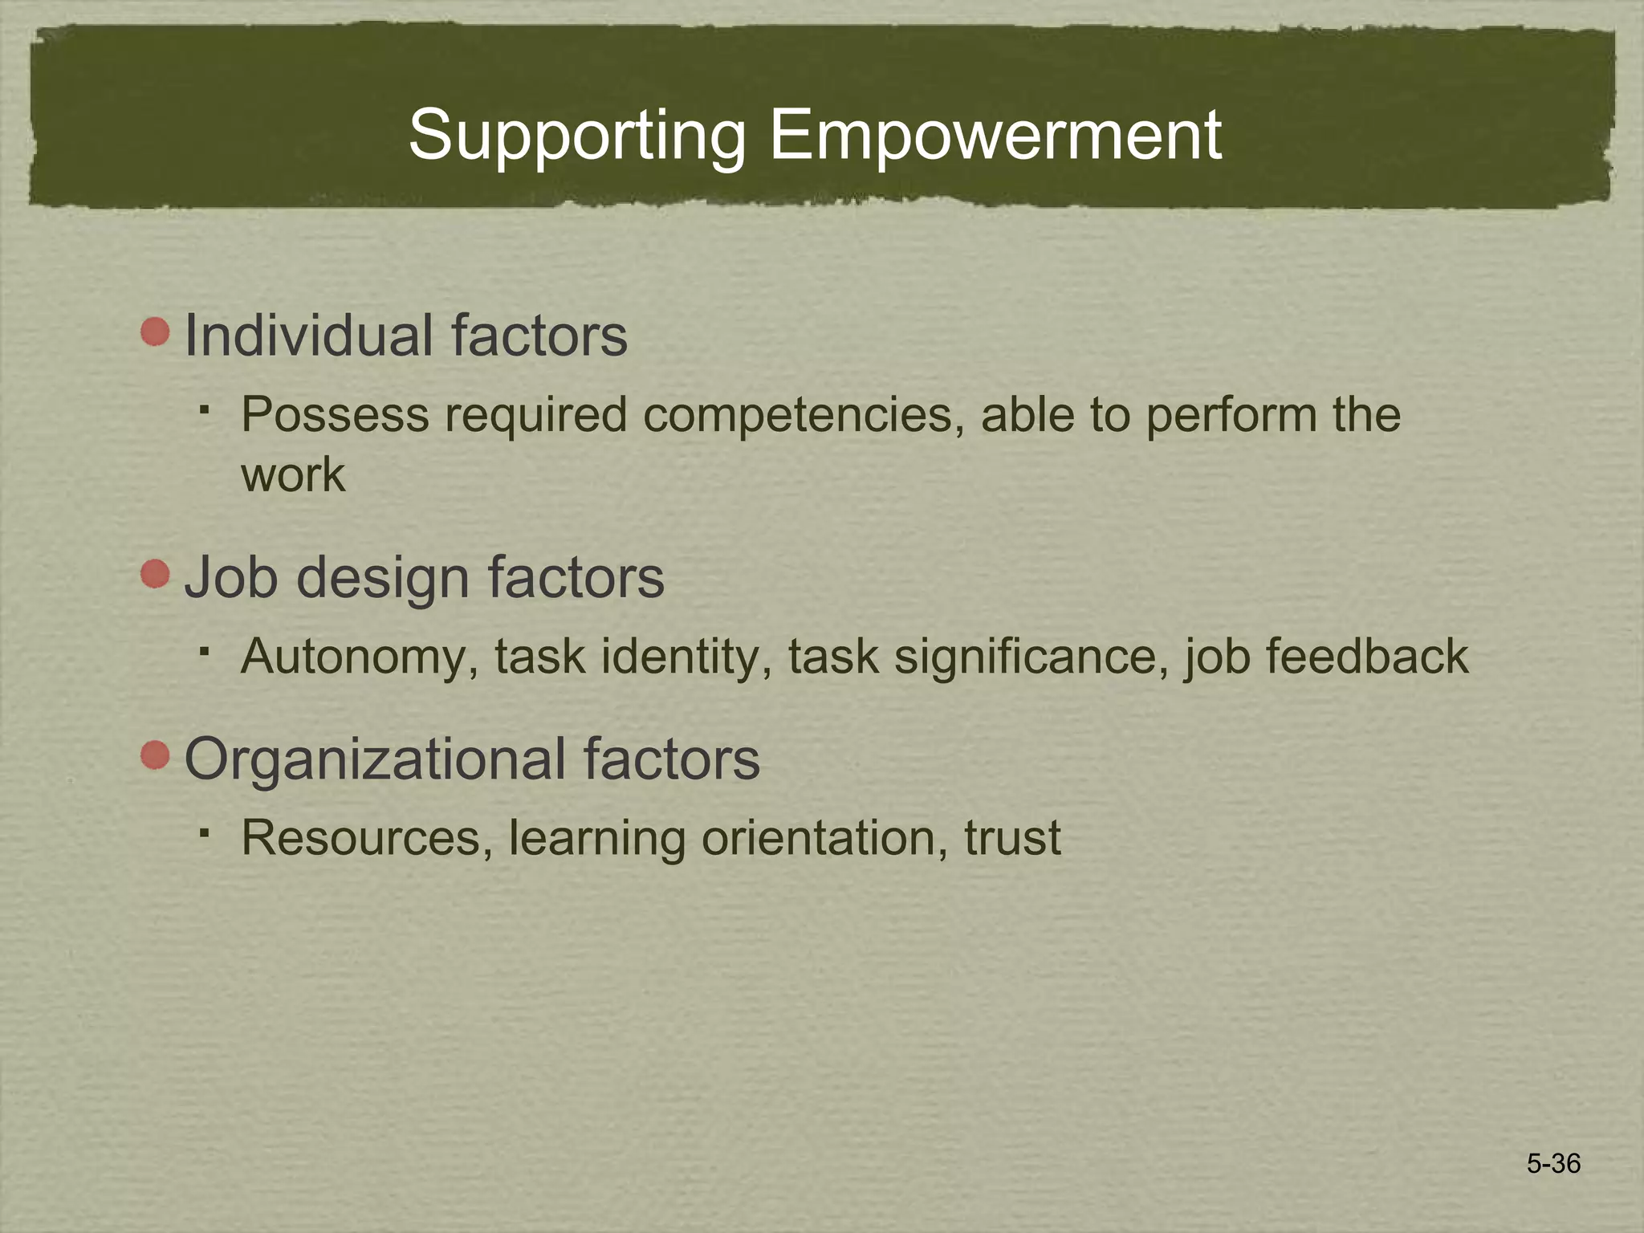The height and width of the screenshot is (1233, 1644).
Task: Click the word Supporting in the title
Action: [576, 136]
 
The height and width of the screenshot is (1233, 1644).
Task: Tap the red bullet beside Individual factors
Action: [155, 332]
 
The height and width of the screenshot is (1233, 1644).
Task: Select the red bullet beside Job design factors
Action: [155, 574]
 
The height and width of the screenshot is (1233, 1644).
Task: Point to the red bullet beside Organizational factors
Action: [155, 755]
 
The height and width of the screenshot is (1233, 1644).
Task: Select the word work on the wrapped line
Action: [293, 475]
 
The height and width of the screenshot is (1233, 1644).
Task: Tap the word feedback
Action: [1366, 657]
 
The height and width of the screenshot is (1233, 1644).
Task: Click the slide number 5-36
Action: [1553, 1163]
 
